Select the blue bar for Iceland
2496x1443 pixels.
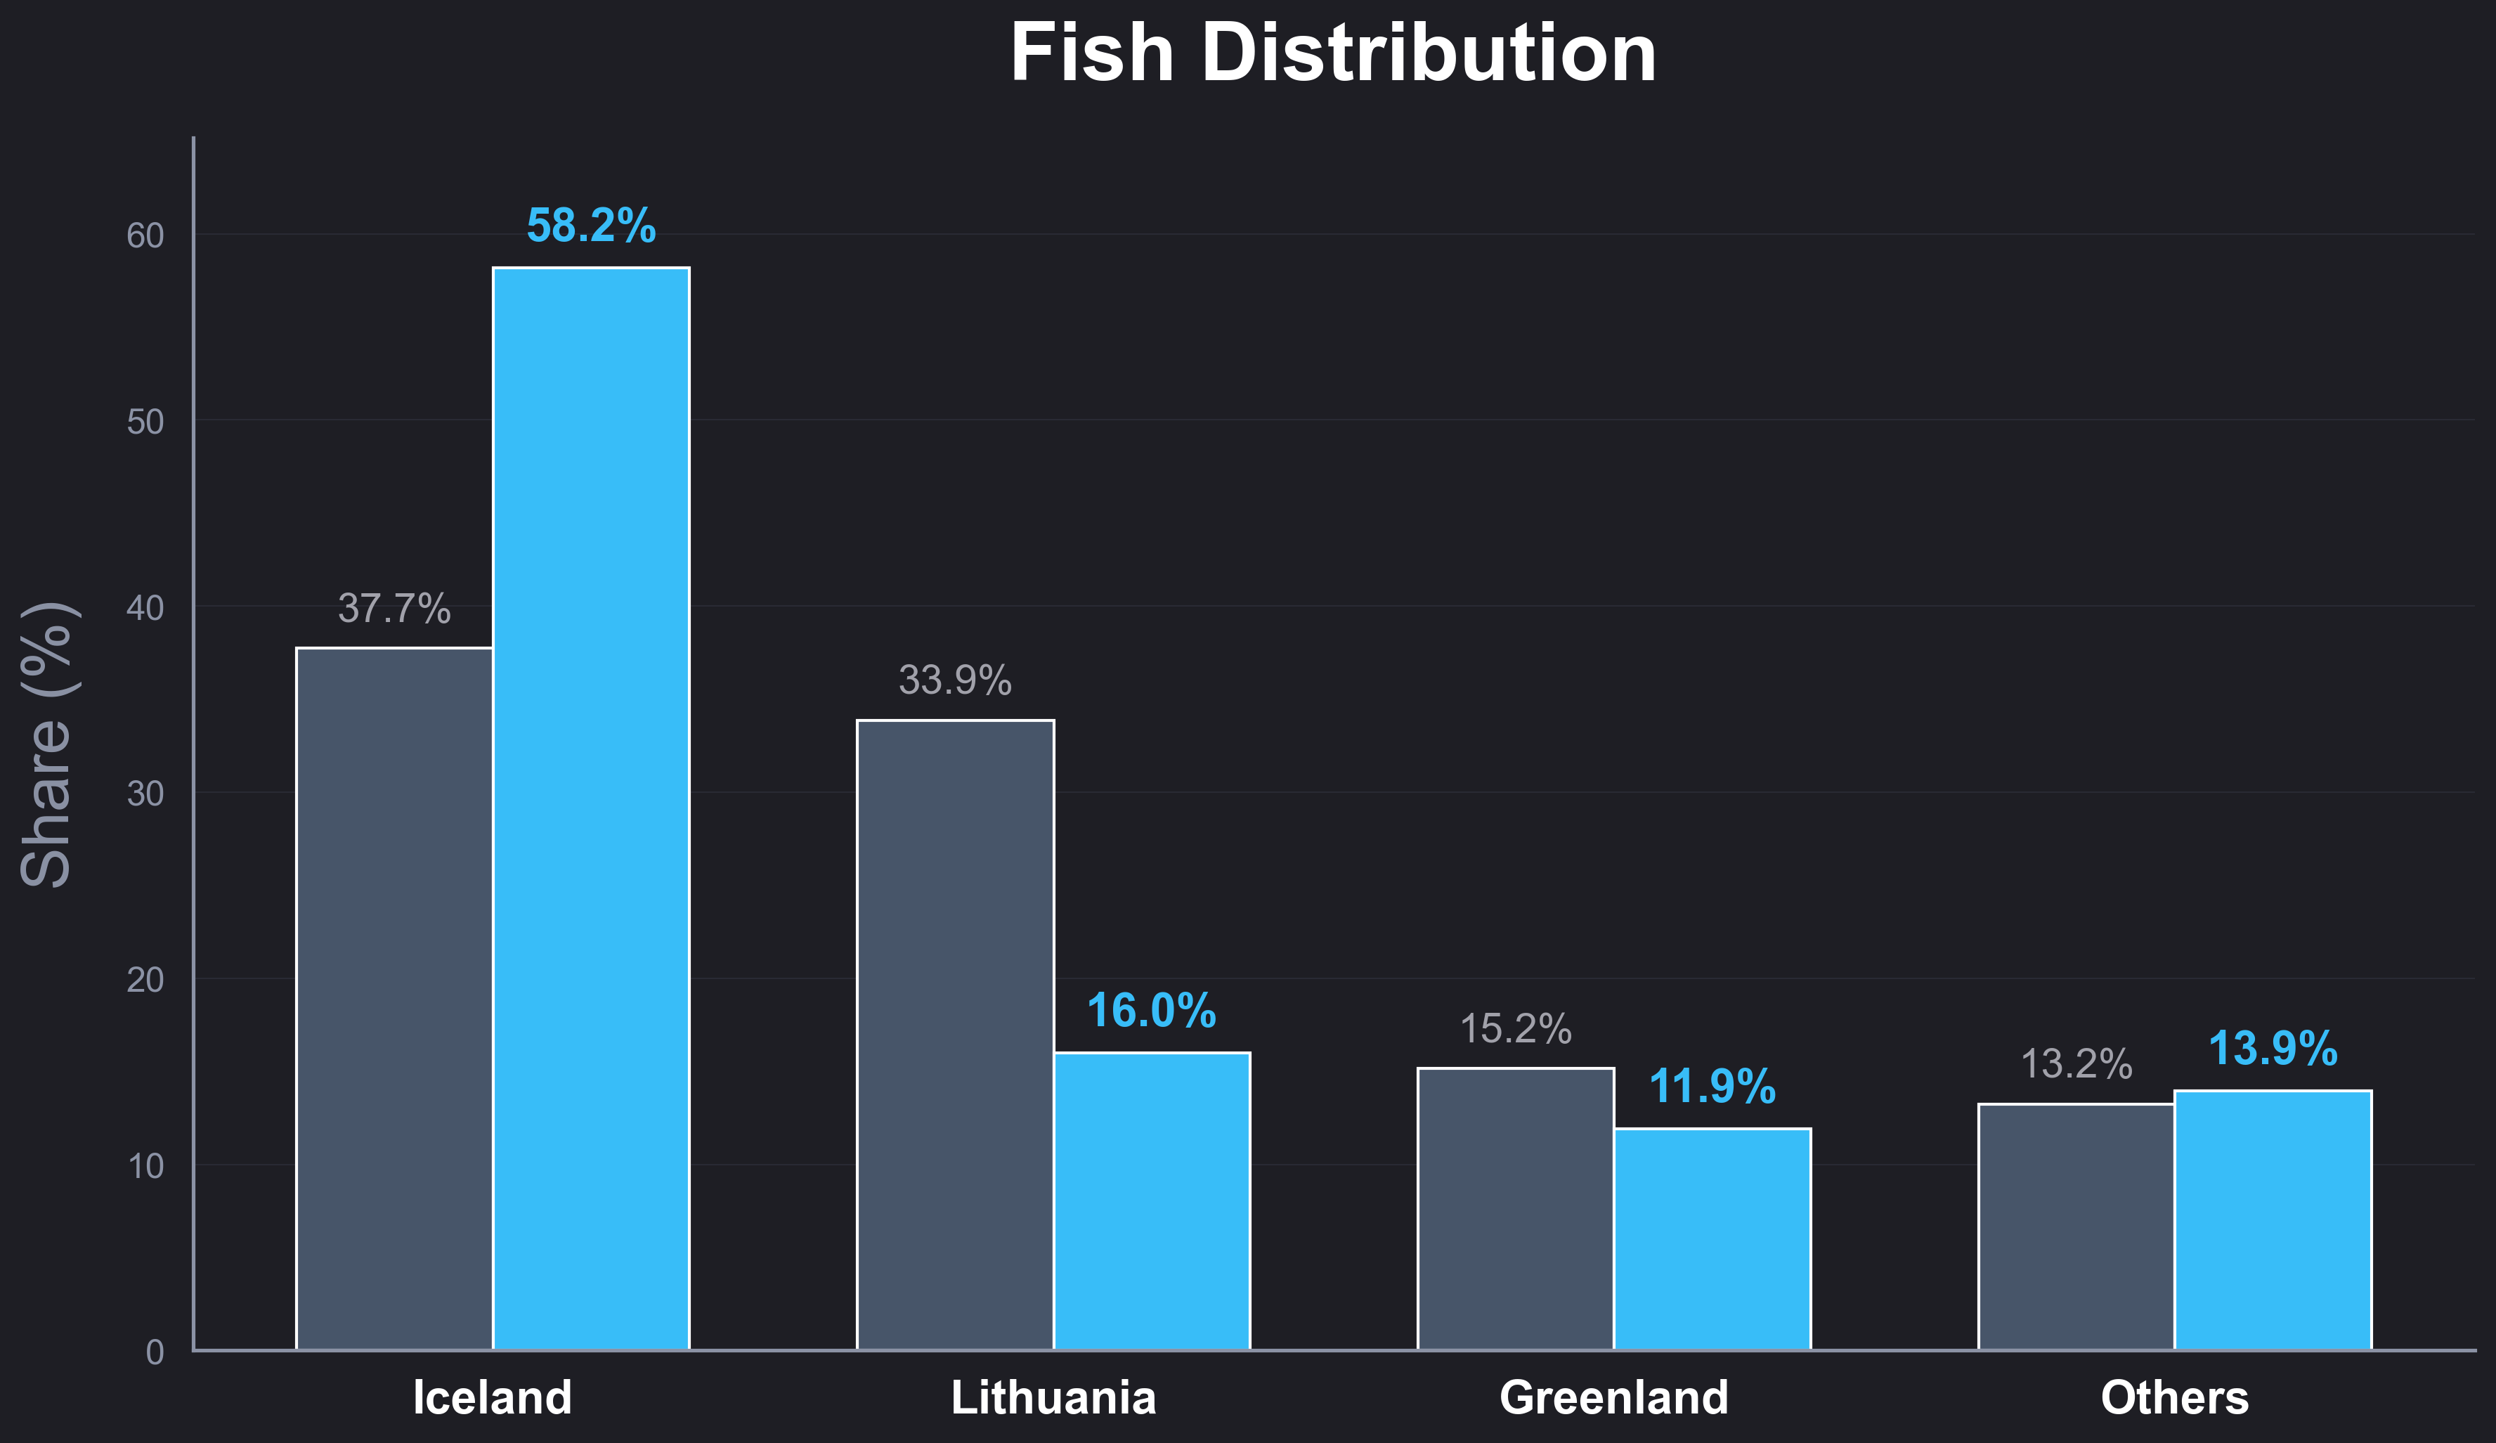591,808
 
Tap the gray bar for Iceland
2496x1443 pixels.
394,998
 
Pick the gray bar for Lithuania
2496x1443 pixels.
955,1035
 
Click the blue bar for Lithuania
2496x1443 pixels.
1152,1201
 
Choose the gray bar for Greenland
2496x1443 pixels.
1516,1208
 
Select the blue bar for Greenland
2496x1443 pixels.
1712,1239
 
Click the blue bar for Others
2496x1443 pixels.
2273,1220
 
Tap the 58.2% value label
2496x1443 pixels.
591,226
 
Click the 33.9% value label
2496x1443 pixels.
955,680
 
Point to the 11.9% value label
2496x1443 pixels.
1712,1087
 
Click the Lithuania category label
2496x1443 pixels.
1054,1397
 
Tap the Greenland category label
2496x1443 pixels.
1615,1397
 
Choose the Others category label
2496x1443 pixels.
2175,1397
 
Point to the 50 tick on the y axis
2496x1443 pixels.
145,422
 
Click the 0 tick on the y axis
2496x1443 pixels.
155,1352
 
